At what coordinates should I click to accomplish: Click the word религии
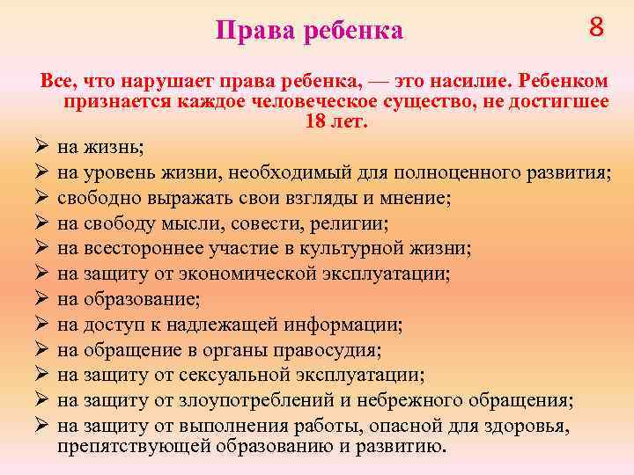351,223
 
